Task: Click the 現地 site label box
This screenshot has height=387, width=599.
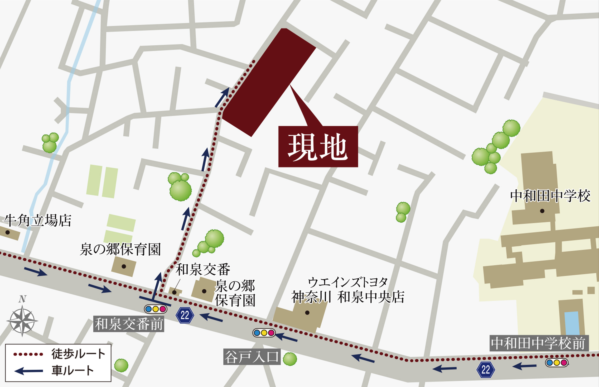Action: pyautogui.click(x=318, y=147)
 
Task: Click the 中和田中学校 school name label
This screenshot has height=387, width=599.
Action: pyautogui.click(x=550, y=196)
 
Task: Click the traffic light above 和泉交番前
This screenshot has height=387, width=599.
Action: pyautogui.click(x=156, y=309)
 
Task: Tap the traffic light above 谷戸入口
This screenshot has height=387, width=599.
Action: pyautogui.click(x=264, y=333)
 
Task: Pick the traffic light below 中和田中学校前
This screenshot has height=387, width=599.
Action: pyautogui.click(x=556, y=363)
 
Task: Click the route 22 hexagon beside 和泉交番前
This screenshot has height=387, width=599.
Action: pyautogui.click(x=185, y=315)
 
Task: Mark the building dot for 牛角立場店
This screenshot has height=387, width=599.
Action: pyautogui.click(x=8, y=232)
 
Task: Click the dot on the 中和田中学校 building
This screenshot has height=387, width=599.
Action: pyautogui.click(x=542, y=211)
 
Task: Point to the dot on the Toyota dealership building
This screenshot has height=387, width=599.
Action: pyautogui.click(x=307, y=313)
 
